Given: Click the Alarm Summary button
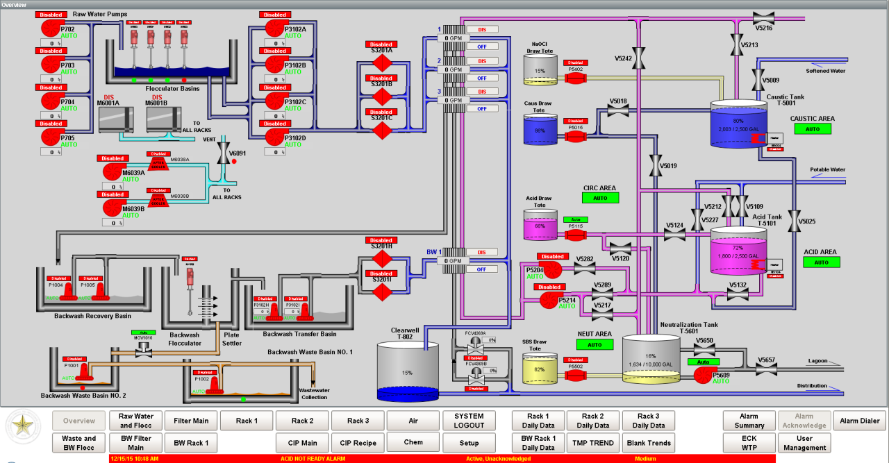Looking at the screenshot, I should point(749,421).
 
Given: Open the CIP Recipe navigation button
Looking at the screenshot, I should point(358,443).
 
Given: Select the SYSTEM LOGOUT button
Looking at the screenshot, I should point(469,421).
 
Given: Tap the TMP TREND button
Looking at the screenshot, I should point(592,443).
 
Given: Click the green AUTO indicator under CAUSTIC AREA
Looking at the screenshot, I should point(812,129).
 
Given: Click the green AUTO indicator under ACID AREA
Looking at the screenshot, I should point(821,262).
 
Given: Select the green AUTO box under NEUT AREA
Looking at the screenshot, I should point(595,344).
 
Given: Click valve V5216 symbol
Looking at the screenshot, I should point(763,17).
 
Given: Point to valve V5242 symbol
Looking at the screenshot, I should point(639,58).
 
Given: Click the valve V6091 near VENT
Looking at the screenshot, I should point(223,154).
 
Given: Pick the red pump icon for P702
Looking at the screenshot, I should point(51,27).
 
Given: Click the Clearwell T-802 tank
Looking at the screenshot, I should point(407,371).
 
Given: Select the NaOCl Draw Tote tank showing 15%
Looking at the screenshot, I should point(540,70).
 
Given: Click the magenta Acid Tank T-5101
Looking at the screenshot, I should point(738,250).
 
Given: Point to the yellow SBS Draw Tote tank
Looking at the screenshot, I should point(539,369).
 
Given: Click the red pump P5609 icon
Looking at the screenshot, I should point(703,375).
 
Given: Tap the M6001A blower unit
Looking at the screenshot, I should point(119,119).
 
